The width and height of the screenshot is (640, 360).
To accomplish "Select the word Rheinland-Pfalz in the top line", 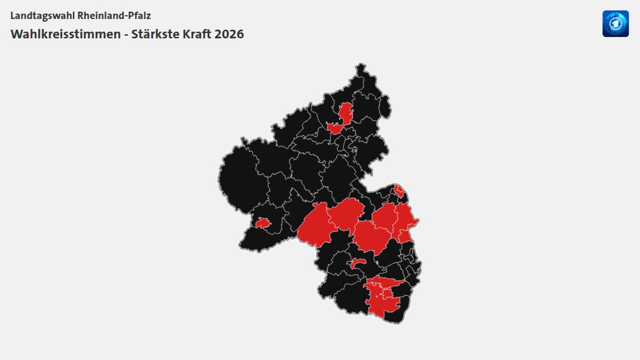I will coord(114,15).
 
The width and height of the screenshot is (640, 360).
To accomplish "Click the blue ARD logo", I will coord(615,23).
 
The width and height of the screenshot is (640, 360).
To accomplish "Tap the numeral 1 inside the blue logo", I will coord(616,24).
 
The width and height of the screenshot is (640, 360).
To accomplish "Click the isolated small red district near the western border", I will coord(262,223).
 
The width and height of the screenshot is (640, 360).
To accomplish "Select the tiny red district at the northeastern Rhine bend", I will coord(399,190).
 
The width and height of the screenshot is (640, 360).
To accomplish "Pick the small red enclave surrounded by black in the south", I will coord(357,263).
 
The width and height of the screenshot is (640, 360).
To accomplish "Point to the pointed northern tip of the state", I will coord(360,66).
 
